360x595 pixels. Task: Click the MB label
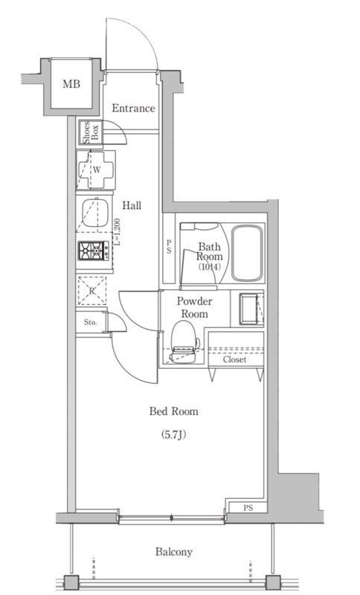pyautogui.click(x=71, y=84)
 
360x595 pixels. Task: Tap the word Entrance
pyautogui.click(x=133, y=109)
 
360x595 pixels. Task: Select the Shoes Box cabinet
pyautogui.click(x=87, y=134)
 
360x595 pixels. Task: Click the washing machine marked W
pyautogui.click(x=95, y=169)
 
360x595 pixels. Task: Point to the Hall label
pyautogui.click(x=132, y=205)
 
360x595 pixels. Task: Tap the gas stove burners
pyautogui.click(x=91, y=251)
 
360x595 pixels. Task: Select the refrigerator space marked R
pyautogui.click(x=92, y=291)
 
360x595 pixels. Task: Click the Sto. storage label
pyautogui.click(x=90, y=324)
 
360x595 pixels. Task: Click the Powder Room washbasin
pyautogui.click(x=248, y=309)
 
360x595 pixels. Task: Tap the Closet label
pyautogui.click(x=234, y=359)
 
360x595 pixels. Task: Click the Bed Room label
pyautogui.click(x=174, y=411)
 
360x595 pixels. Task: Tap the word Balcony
pyautogui.click(x=174, y=552)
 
